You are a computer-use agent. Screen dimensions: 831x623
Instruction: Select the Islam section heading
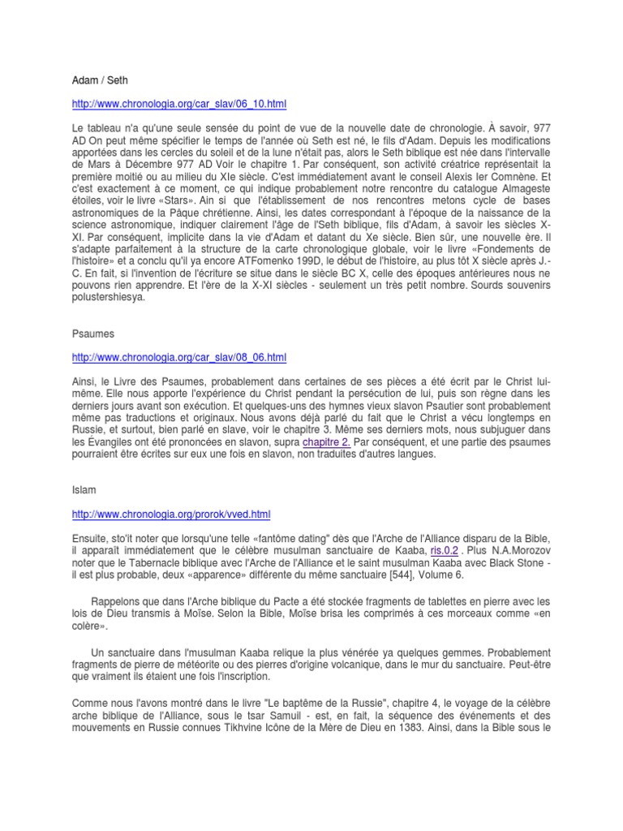[x=83, y=490]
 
